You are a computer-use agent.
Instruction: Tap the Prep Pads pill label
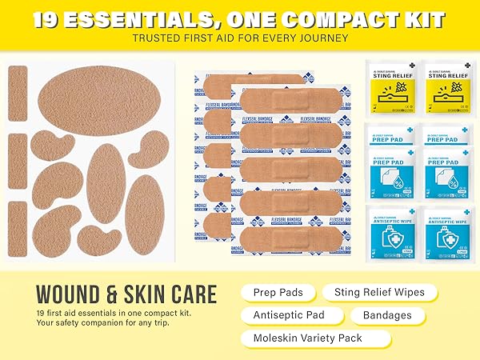pyautogui.click(x=277, y=293)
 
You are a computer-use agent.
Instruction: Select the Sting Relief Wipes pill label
pyautogui.click(x=380, y=293)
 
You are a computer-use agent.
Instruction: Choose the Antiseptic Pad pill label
pyautogui.click(x=290, y=315)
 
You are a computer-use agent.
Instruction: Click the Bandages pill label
pyautogui.click(x=387, y=315)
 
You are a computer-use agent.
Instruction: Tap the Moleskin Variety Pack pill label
pyautogui.click(x=308, y=338)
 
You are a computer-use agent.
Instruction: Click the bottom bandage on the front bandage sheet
pyautogui.click(x=277, y=225)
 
